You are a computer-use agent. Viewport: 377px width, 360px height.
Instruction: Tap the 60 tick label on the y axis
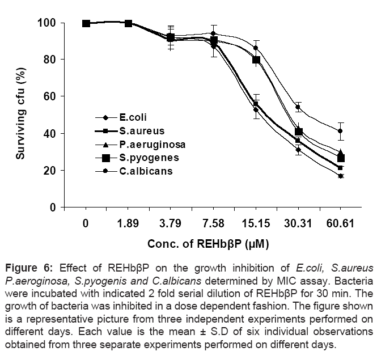coord(49,96)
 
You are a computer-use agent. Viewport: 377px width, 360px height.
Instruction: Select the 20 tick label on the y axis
coord(49,171)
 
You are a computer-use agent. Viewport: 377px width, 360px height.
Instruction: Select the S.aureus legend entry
coord(135,131)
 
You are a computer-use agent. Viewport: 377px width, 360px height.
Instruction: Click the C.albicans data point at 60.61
coord(340,131)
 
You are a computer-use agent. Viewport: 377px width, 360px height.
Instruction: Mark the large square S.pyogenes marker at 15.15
coord(256,60)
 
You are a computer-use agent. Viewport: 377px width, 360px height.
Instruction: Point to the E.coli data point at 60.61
coord(340,176)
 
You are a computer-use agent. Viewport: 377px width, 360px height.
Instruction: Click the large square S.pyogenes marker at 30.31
coord(299,132)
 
